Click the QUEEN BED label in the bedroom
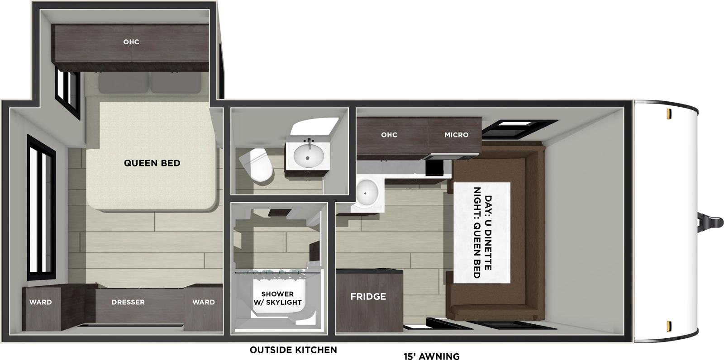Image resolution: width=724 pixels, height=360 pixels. (x=152, y=163)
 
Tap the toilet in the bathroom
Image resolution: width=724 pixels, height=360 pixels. (x=256, y=166)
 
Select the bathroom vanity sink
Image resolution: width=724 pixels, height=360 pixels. (x=309, y=156)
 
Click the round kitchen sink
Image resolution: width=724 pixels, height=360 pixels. (x=367, y=192)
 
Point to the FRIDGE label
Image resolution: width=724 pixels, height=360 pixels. (x=368, y=297)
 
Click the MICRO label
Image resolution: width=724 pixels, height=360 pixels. (x=456, y=135)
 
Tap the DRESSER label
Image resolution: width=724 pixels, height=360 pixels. (x=128, y=302)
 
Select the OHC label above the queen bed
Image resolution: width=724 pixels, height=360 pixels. (x=131, y=42)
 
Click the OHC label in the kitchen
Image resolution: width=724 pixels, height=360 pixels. (x=389, y=135)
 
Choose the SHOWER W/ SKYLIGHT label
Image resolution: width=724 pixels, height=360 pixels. (x=277, y=298)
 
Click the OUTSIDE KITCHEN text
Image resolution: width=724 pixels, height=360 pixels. (x=293, y=350)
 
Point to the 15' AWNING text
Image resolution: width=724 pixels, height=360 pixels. (x=431, y=356)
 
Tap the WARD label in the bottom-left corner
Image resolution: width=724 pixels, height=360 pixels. (x=41, y=302)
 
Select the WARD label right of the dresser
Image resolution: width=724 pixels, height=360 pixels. (x=203, y=302)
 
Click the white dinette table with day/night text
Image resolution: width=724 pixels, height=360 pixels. (x=482, y=232)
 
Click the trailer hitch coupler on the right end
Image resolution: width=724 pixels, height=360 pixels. (x=710, y=222)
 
